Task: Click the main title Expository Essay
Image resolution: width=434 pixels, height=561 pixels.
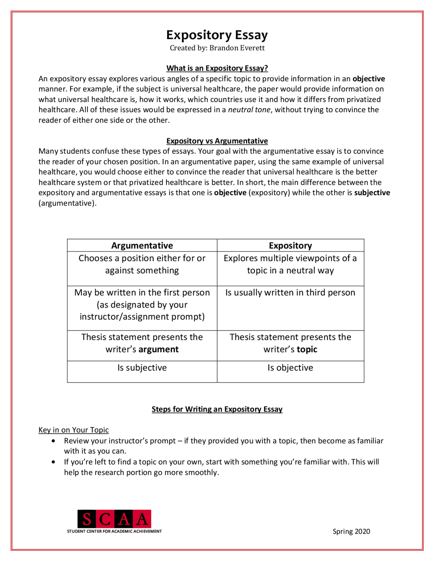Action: (217, 35)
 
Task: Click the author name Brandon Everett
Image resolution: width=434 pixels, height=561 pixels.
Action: (237, 48)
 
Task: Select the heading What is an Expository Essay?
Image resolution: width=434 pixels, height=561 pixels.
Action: (217, 68)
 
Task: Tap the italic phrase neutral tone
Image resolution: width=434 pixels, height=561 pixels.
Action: (249, 110)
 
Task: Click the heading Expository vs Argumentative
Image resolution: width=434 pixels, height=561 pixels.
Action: (217, 141)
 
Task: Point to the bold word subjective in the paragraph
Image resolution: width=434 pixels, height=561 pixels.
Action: (372, 193)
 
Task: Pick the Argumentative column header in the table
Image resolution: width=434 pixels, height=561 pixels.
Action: (142, 246)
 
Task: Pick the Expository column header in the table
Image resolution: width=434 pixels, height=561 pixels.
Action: (290, 246)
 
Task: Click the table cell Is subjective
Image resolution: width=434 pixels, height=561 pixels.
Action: (142, 368)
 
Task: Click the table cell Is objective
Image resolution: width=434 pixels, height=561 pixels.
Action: (290, 368)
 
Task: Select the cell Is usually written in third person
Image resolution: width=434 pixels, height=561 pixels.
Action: (290, 293)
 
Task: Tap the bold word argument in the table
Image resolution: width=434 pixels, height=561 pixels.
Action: (158, 350)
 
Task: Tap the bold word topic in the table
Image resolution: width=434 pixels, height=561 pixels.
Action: (307, 350)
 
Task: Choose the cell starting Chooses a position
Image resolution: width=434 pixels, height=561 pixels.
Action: (142, 264)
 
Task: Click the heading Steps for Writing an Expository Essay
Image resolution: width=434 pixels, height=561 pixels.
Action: (217, 409)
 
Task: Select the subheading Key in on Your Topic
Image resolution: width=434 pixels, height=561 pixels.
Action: (74, 430)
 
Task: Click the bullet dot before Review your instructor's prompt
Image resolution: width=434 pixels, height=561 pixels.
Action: (53, 441)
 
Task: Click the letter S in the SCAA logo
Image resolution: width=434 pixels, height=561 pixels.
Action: (87, 519)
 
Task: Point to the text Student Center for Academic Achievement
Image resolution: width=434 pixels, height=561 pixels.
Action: (114, 531)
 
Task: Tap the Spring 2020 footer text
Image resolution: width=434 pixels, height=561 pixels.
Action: (351, 532)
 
